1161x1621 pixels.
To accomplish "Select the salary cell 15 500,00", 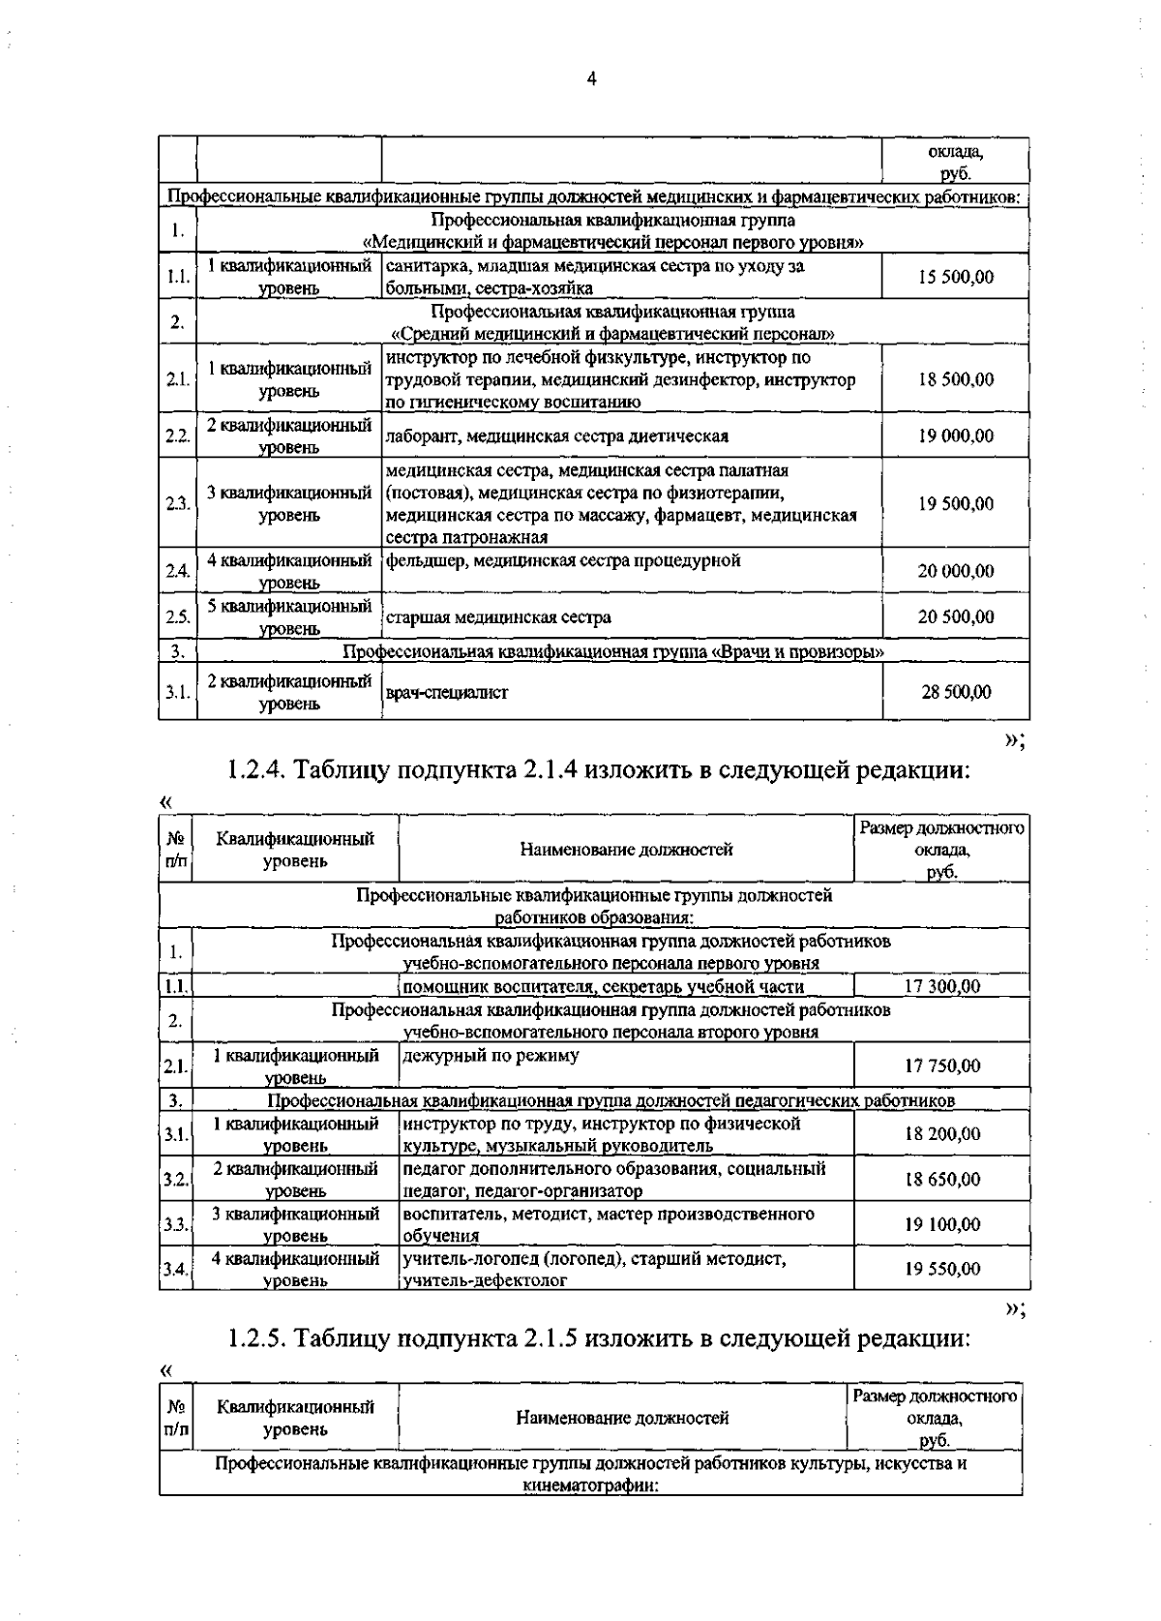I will click(955, 277).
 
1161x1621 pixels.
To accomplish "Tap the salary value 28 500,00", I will click(955, 692).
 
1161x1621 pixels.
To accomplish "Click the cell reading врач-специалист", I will click(446, 693).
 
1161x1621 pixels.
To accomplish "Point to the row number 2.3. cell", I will click(177, 504).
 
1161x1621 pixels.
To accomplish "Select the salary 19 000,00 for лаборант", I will click(955, 436).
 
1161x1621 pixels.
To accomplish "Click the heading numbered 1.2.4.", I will click(597, 770).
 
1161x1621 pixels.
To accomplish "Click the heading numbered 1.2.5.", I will click(597, 1338).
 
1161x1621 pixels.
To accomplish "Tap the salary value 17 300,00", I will click(941, 986).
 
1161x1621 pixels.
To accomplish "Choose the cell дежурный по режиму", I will click(491, 1056).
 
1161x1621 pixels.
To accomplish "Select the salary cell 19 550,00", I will click(941, 1269).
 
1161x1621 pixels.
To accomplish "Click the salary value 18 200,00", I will click(941, 1133).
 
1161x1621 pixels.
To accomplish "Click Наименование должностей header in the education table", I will click(626, 850).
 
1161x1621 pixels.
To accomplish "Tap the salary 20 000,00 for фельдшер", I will click(955, 571).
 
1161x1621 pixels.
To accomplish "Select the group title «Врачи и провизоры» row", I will click(613, 652).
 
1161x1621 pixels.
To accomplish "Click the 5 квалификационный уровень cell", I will click(289, 616).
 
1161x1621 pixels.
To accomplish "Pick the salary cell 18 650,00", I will click(941, 1179).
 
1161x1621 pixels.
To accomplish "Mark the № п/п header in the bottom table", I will click(176, 1418).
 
